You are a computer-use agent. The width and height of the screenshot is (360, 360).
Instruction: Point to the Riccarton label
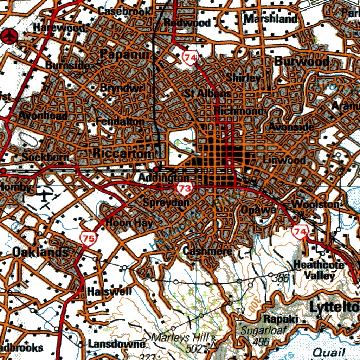tap(123, 153)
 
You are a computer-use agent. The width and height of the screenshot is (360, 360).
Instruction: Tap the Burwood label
tap(302, 62)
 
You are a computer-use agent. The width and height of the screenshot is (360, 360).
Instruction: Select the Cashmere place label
tap(207, 251)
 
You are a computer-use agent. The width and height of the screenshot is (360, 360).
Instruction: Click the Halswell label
tap(109, 291)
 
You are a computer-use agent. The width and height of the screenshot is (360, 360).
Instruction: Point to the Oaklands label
tap(40, 252)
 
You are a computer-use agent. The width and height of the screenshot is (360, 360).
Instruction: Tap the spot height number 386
tap(281, 278)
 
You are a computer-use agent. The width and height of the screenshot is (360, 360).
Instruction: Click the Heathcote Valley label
tap(318, 270)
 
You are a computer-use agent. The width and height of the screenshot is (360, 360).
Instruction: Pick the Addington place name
tap(163, 178)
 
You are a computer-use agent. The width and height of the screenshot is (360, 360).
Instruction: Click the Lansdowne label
tap(116, 344)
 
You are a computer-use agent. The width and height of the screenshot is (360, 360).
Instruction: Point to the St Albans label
tap(207, 94)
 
